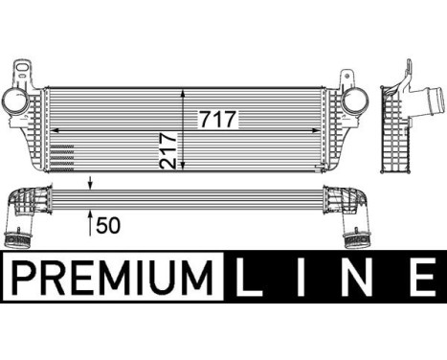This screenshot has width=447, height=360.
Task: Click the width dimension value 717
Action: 218,120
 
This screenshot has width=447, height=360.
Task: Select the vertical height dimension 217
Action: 168,150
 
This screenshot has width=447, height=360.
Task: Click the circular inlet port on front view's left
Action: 15,101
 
